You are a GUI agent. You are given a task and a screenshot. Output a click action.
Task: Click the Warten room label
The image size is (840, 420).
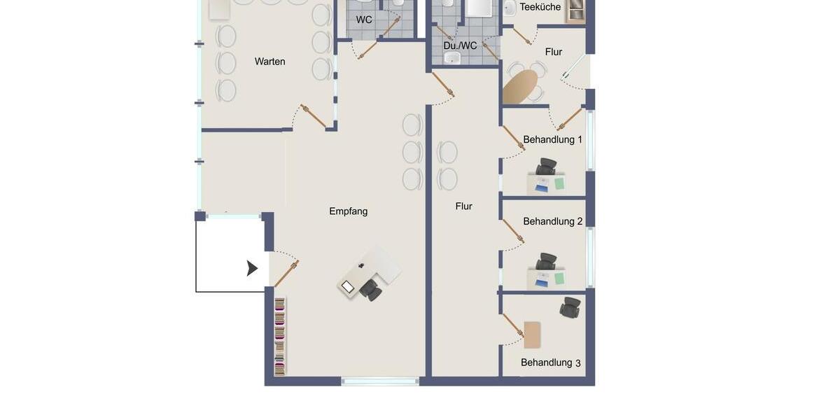click(x=269, y=62)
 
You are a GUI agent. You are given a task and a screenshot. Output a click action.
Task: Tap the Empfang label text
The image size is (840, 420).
click(x=348, y=211)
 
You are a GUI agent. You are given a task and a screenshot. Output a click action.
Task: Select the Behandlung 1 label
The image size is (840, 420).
click(x=552, y=139)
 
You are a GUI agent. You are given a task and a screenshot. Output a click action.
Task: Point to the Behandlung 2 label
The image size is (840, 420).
click(x=552, y=221)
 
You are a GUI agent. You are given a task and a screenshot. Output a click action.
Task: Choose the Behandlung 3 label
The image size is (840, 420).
click(x=550, y=363)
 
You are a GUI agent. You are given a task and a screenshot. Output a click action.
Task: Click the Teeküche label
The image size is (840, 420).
click(x=540, y=7)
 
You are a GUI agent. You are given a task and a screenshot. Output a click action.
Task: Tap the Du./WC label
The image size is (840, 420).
click(x=460, y=45)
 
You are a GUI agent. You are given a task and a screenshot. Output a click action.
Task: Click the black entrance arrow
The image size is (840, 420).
click(x=252, y=268)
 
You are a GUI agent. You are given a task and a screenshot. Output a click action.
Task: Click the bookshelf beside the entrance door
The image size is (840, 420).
click(x=279, y=337)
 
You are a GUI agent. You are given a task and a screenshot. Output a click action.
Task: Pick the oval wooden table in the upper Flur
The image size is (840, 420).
click(x=521, y=87)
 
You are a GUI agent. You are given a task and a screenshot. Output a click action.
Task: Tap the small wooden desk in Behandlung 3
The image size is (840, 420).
click(x=532, y=335)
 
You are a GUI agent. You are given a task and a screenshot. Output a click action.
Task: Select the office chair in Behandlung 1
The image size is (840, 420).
click(x=546, y=167)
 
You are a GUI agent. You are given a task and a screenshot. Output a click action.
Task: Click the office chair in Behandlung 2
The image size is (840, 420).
click(x=546, y=262)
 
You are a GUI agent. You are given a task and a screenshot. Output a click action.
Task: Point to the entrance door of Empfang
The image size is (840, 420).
click(x=286, y=273)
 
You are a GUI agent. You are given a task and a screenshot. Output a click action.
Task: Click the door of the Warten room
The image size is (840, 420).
click(x=313, y=116)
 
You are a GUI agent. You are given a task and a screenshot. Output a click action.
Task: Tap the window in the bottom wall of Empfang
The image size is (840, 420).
click(x=380, y=381)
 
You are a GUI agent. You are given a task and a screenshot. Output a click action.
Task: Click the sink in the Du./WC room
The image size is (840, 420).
click(x=452, y=57)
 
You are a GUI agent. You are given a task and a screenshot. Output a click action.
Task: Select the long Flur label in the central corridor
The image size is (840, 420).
click(x=463, y=206)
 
